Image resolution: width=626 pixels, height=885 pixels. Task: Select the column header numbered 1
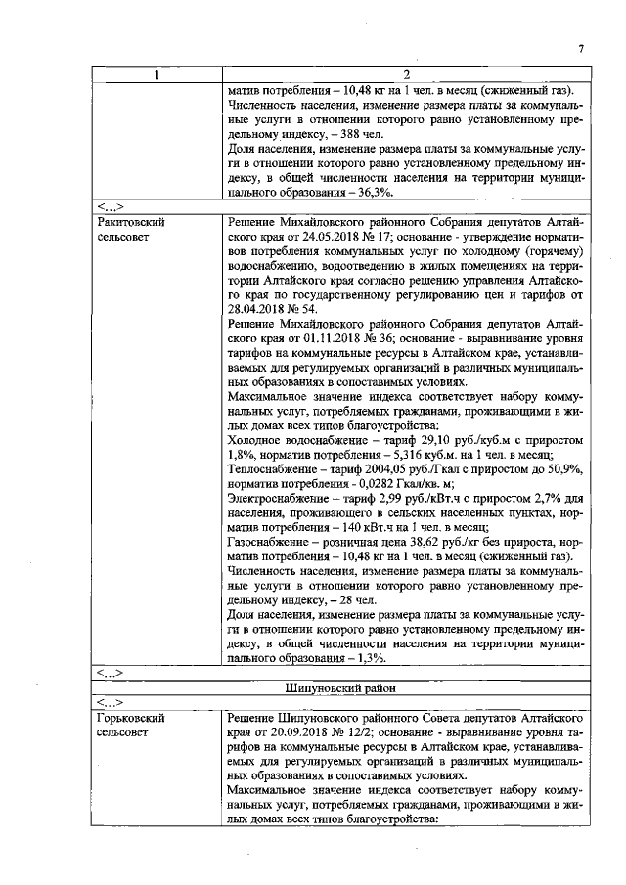(x=157, y=76)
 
